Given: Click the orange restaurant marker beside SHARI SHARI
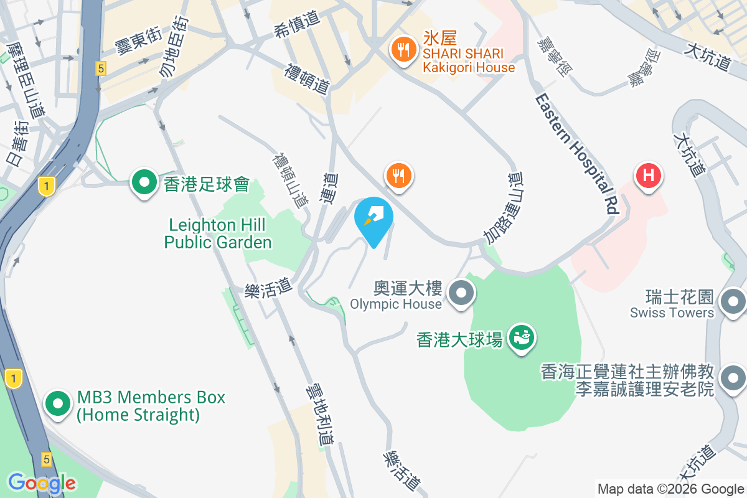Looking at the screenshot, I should coord(403,50).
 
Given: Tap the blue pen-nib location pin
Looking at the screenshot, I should coord(374,217).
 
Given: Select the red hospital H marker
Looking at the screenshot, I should coord(648,176).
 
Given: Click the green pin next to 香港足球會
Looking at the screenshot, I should coord(145,183).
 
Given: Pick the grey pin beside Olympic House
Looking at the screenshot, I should coord(461,293).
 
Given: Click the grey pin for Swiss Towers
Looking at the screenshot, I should coord(732,303).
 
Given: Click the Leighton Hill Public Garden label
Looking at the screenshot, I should coord(218,233).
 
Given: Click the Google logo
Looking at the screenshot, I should coord(42,483).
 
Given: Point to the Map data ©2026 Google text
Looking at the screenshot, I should coord(671,489).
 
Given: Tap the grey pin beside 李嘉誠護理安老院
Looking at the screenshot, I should coord(732,377).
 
